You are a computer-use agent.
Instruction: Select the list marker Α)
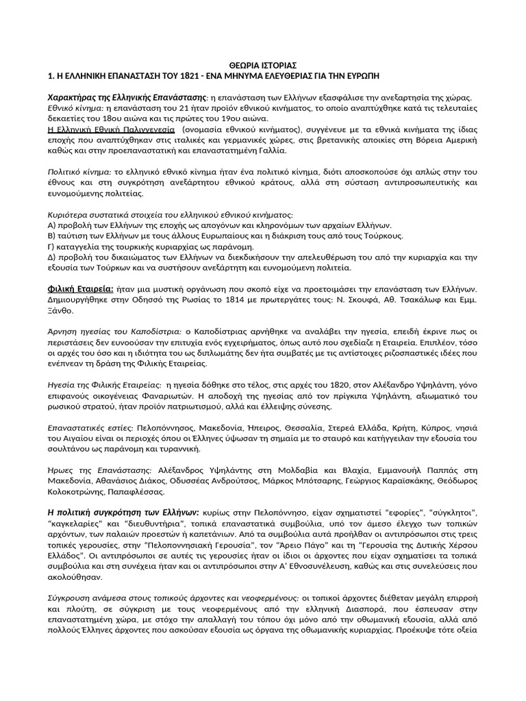(52, 225)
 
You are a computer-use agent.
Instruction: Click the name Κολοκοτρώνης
(76, 491)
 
